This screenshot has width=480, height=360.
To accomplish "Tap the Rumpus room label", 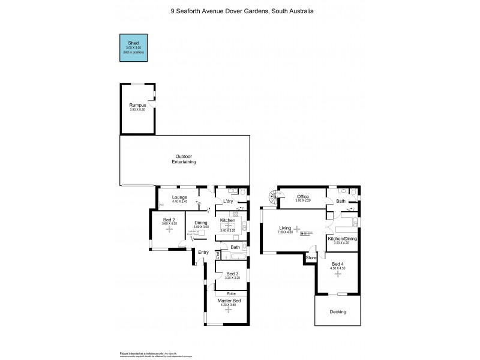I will tap(137, 106).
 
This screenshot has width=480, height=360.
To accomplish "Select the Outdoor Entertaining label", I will tap(184, 160).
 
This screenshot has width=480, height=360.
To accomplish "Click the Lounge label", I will tap(179, 197).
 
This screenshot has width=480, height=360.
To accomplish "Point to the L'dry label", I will tap(228, 201).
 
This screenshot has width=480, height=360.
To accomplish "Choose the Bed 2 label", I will tap(169, 220).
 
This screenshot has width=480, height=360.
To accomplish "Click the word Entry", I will tap(203, 252).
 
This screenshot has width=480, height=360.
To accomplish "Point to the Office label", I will tap(303, 196).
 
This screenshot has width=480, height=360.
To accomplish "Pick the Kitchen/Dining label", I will tap(341, 239).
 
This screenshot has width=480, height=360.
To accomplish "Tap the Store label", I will tap(311, 258).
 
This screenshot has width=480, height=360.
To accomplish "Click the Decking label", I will tap(338, 312).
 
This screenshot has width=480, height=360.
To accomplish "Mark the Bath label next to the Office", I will tap(341, 201).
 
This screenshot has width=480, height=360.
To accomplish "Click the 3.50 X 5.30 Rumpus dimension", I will tap(137, 110).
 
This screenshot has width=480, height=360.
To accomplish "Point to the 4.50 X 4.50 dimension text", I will tap(339, 268).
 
